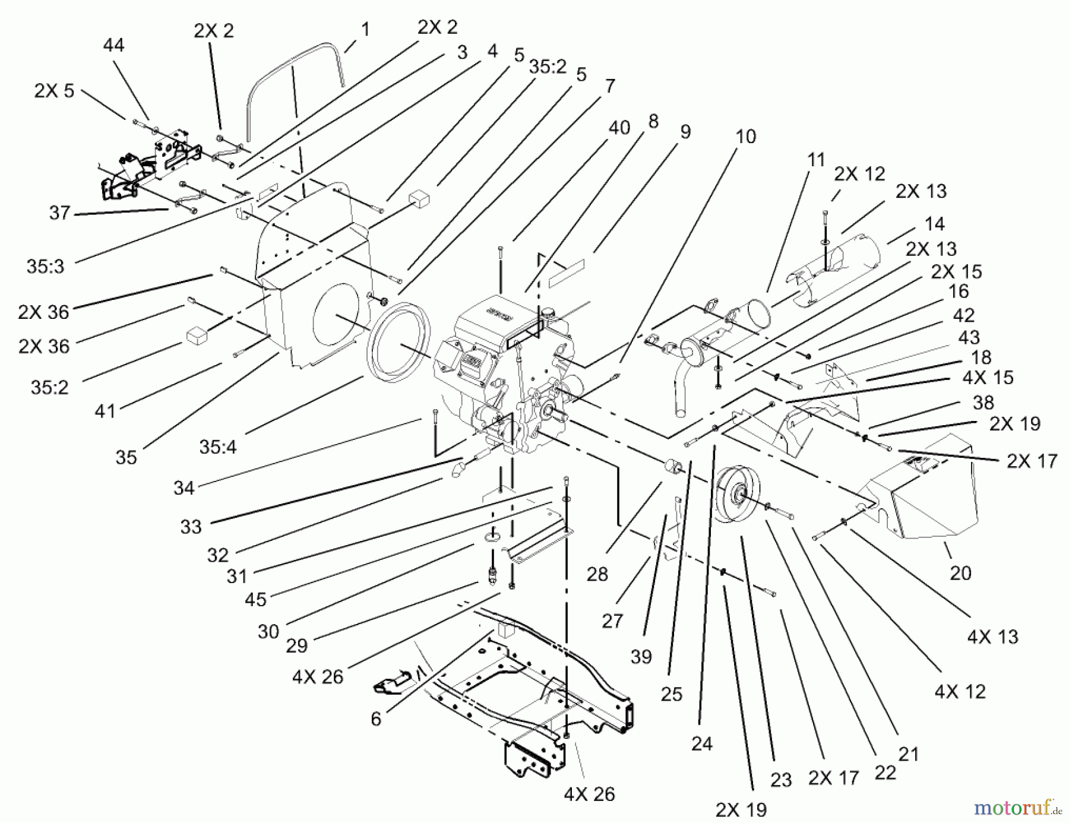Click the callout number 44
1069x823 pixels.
[x=113, y=45]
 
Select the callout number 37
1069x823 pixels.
[x=59, y=213]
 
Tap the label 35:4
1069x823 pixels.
[x=217, y=447]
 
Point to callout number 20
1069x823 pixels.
[x=960, y=573]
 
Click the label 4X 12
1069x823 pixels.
[x=960, y=691]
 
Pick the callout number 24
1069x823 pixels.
[x=701, y=743]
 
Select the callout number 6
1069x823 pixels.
[x=375, y=719]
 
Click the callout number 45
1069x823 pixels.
[x=255, y=600]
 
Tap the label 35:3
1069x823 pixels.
[x=45, y=267]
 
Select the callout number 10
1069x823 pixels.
[x=745, y=137]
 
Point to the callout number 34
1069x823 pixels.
[x=184, y=488]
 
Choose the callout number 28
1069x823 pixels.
[x=597, y=574]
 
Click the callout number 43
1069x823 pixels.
[x=969, y=337]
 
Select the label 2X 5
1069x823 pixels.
[x=54, y=91]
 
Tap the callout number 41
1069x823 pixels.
[x=105, y=411]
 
